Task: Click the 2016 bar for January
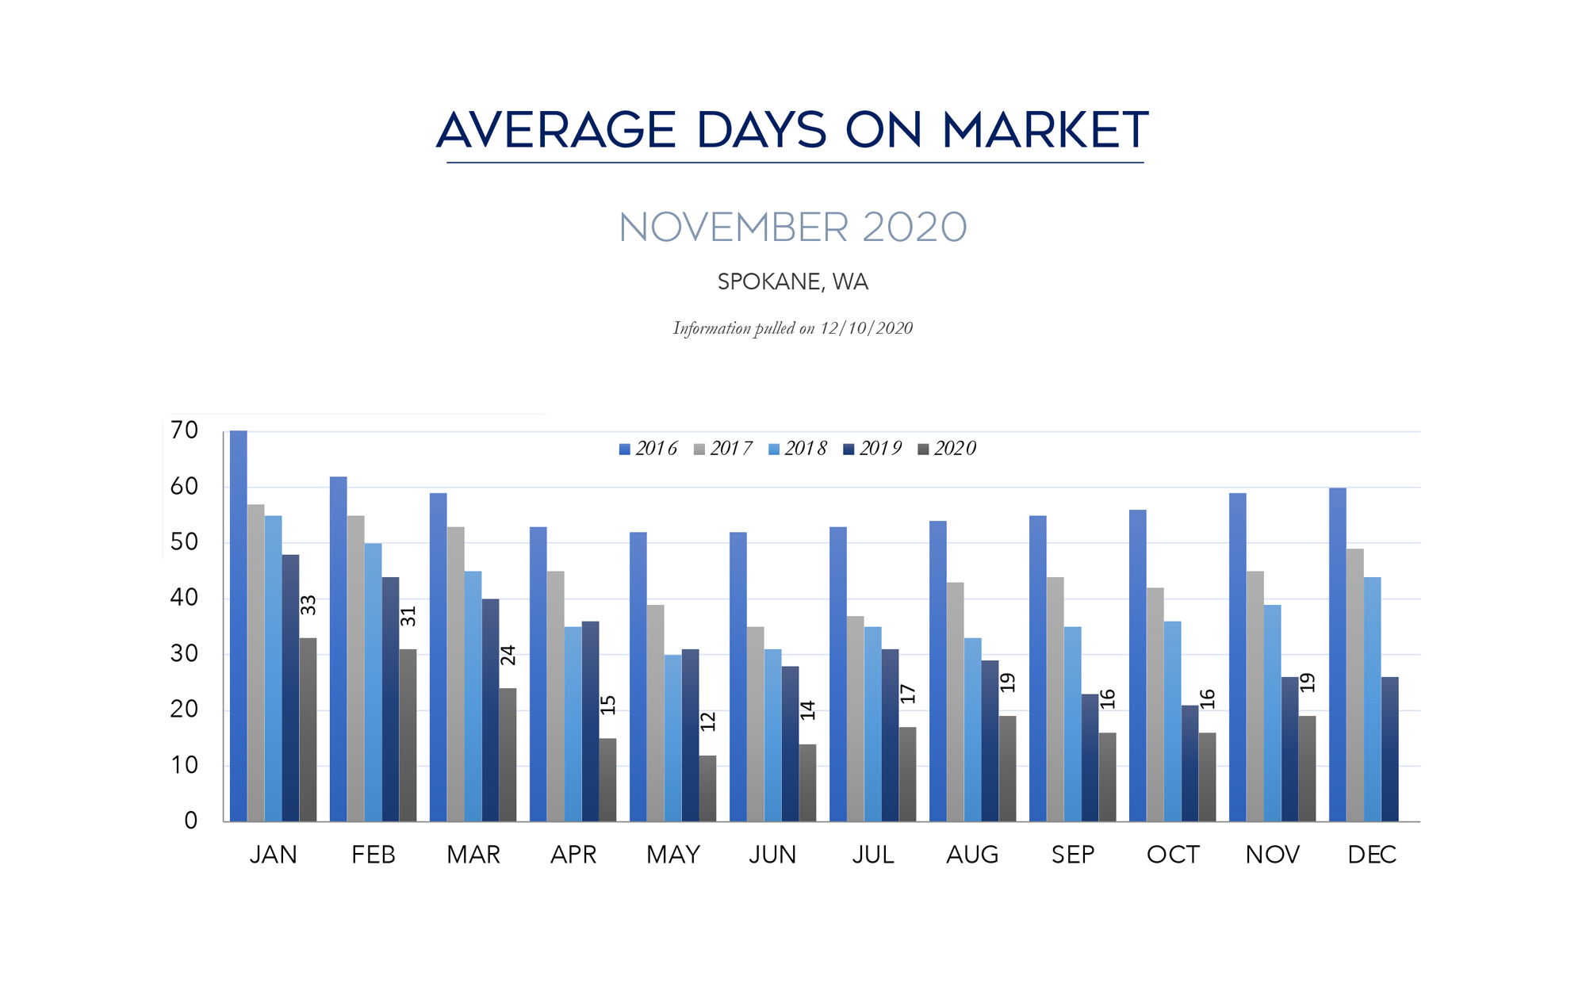pyautogui.click(x=239, y=626)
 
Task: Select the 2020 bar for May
pyautogui.click(x=707, y=788)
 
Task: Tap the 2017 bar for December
pyautogui.click(x=1354, y=685)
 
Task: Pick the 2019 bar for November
pyautogui.click(x=1290, y=749)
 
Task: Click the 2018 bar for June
pyautogui.click(x=773, y=735)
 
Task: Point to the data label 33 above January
pyautogui.click(x=308, y=605)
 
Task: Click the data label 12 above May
pyautogui.click(x=708, y=721)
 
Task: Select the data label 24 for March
pyautogui.click(x=508, y=655)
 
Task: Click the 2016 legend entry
pyautogui.click(x=648, y=449)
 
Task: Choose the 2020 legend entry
pyautogui.click(x=947, y=449)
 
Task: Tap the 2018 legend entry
pyautogui.click(x=798, y=449)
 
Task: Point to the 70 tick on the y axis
pyautogui.click(x=184, y=430)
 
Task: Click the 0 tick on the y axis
pyautogui.click(x=190, y=821)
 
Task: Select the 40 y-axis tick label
pyautogui.click(x=184, y=598)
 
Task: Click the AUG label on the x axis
pyautogui.click(x=972, y=855)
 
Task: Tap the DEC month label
pyautogui.click(x=1372, y=855)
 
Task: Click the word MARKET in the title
pyautogui.click(x=1045, y=130)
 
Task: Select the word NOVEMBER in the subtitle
pyautogui.click(x=734, y=228)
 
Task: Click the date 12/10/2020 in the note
pyautogui.click(x=866, y=328)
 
